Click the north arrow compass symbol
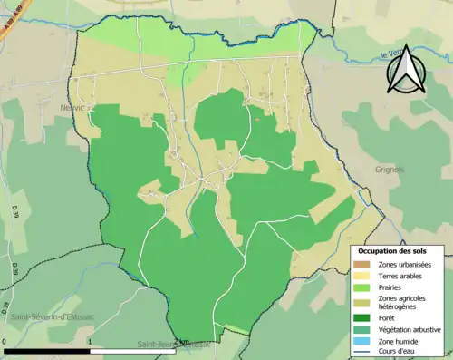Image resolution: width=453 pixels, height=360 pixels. point(406,71)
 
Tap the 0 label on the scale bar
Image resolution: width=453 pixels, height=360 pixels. point(5,343)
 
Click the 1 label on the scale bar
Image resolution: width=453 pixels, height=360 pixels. point(92,343)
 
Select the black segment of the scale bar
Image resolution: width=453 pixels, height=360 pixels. point(49,351)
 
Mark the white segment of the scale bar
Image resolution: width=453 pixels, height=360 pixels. point(137,351)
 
